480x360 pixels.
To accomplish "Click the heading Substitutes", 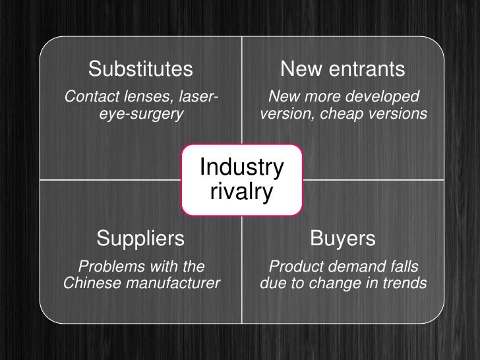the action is (140, 69).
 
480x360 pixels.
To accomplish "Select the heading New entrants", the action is (343, 69).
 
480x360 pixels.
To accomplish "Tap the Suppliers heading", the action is (140, 237).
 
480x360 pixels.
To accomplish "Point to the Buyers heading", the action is (343, 237).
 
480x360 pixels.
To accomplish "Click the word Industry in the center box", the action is (241, 168).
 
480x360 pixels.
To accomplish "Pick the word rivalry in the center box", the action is (241, 193).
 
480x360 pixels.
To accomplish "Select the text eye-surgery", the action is (140, 115).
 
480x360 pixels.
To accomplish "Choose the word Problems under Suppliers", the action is (107, 267).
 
